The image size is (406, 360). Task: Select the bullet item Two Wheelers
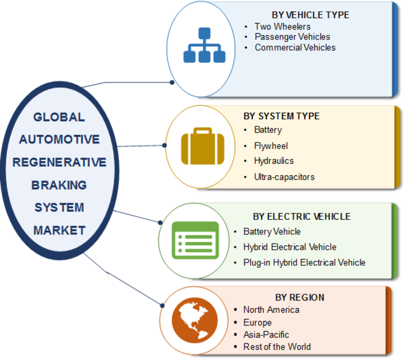pyautogui.click(x=282, y=26)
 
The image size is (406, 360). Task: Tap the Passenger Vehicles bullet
pyautogui.click(x=292, y=37)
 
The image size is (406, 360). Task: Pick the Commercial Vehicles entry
pyautogui.click(x=295, y=48)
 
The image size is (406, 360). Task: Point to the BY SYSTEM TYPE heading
pyautogui.click(x=281, y=116)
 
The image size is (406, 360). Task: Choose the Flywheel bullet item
pyautogui.click(x=271, y=146)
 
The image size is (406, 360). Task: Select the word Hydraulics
pyautogui.click(x=274, y=161)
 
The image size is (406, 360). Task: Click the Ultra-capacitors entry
pyautogui.click(x=284, y=177)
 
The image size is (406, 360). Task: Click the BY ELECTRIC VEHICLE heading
pyautogui.click(x=301, y=217)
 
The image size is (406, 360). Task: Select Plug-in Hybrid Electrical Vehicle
pyautogui.click(x=304, y=263)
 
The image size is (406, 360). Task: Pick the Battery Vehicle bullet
pyautogui.click(x=272, y=232)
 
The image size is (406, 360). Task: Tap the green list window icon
pyautogui.click(x=195, y=239)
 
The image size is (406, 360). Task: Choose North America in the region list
pyautogui.click(x=271, y=309)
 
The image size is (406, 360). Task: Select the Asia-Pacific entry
pyautogui.click(x=266, y=335)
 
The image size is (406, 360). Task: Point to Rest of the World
pyautogui.click(x=277, y=347)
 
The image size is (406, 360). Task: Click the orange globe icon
pyautogui.click(x=194, y=320)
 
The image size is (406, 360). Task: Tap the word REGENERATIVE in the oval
pyautogui.click(x=59, y=162)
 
